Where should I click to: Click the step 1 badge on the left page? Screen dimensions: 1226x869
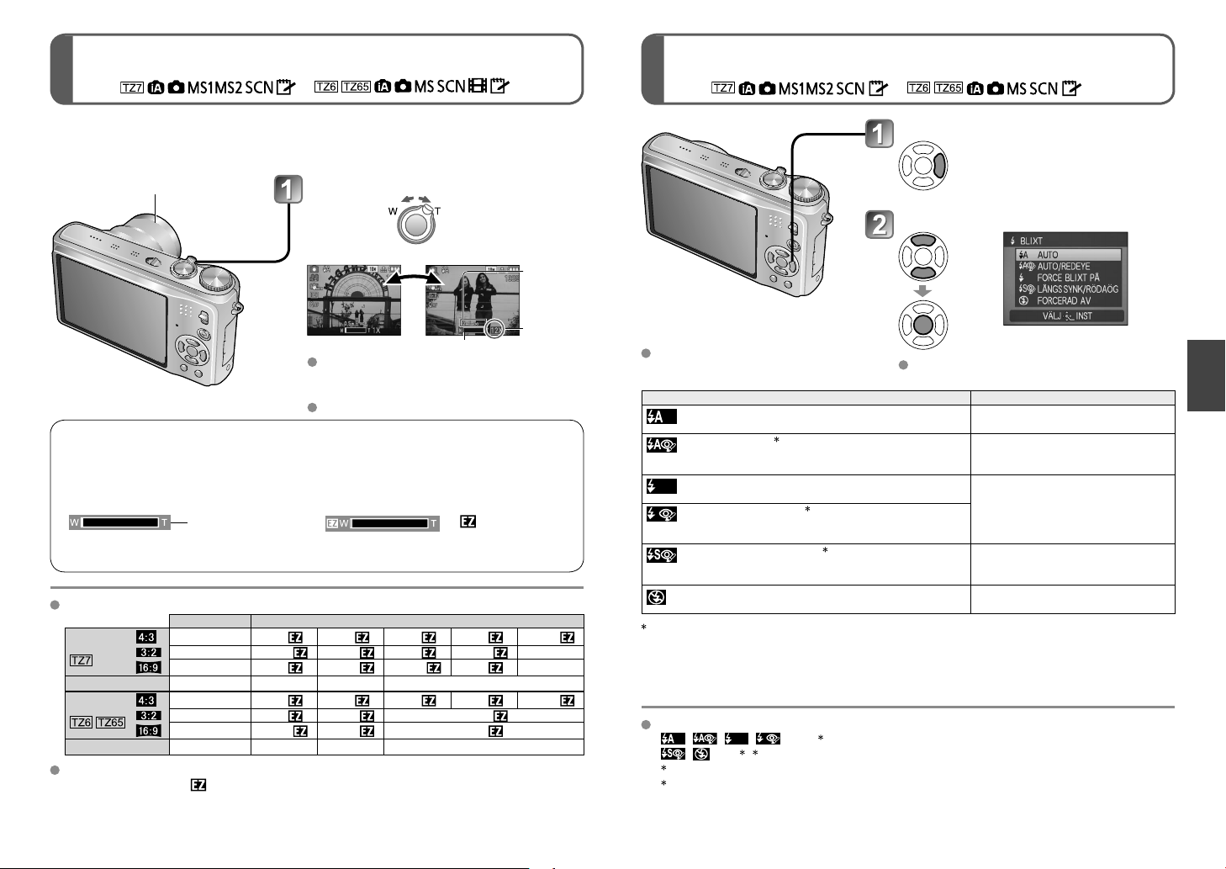(288, 189)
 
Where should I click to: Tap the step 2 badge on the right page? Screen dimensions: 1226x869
(879, 225)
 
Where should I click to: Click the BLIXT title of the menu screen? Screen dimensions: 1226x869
(1031, 241)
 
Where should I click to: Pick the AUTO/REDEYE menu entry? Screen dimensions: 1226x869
(1063, 266)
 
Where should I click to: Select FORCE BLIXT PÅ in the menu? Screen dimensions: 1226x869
(1067, 278)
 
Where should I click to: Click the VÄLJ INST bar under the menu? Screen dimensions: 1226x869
(1066, 316)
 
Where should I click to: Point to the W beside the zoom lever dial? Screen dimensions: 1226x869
(392, 211)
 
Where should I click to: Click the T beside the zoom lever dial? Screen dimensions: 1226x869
(438, 211)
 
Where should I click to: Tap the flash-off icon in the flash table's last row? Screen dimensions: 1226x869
(657, 597)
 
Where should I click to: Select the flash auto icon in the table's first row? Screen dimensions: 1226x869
(661, 416)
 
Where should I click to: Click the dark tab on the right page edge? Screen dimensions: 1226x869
(1206, 375)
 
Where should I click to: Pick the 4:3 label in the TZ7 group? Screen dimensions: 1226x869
(146, 637)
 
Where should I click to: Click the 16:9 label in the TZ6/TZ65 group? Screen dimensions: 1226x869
(148, 730)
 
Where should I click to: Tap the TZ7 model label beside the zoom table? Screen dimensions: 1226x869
(81, 660)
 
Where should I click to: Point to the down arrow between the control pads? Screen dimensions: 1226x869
(922, 291)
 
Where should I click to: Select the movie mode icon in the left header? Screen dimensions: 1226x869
(478, 86)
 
